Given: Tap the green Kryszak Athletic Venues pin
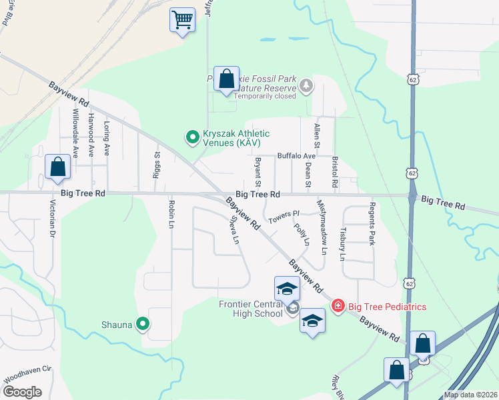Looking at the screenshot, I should pos(193,137).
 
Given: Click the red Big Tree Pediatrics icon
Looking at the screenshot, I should pos(338,306).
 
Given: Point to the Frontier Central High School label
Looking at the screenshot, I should pos(251,309).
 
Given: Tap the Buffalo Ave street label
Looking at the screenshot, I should pos(296,155).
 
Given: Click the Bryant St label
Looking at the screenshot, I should pos(257,173).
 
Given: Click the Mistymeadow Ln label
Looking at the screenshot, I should pos(322,227).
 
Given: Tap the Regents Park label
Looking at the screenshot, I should pos(372,223).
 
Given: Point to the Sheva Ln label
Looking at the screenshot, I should pos(234,229).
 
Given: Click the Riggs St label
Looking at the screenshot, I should pos(158,163).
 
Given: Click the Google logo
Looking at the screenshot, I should pos(21,392).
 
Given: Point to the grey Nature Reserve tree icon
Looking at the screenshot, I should pos(306,85).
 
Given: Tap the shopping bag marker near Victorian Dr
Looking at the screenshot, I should pos(58,168).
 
